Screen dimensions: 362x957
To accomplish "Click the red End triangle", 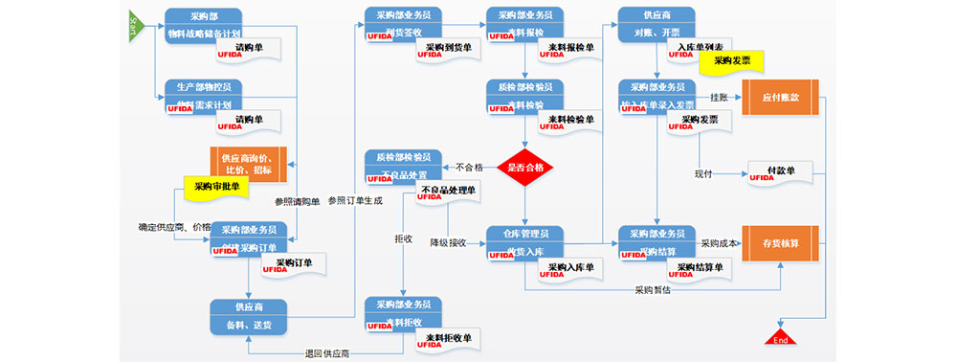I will point(780,336).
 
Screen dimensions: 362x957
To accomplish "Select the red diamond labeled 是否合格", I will point(524,167).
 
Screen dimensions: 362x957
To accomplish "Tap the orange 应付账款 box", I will point(780,97).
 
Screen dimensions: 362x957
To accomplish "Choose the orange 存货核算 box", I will point(780,243).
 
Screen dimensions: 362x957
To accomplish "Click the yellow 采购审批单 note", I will point(216,186).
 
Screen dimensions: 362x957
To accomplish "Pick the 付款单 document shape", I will point(782,170).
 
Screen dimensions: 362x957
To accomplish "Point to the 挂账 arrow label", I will point(719,97).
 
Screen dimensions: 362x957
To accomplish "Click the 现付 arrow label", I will point(705,173).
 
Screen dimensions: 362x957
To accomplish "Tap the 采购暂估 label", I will point(653,288).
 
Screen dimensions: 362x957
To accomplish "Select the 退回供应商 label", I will point(326,354).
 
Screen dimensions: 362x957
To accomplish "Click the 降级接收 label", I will point(447,243).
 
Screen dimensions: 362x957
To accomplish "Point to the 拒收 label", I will point(403,238).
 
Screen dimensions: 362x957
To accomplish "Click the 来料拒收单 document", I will point(449,338).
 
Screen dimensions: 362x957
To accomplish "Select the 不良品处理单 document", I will point(449,191).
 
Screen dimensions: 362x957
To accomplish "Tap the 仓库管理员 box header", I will point(524,234).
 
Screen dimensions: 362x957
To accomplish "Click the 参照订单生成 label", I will point(355,201).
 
